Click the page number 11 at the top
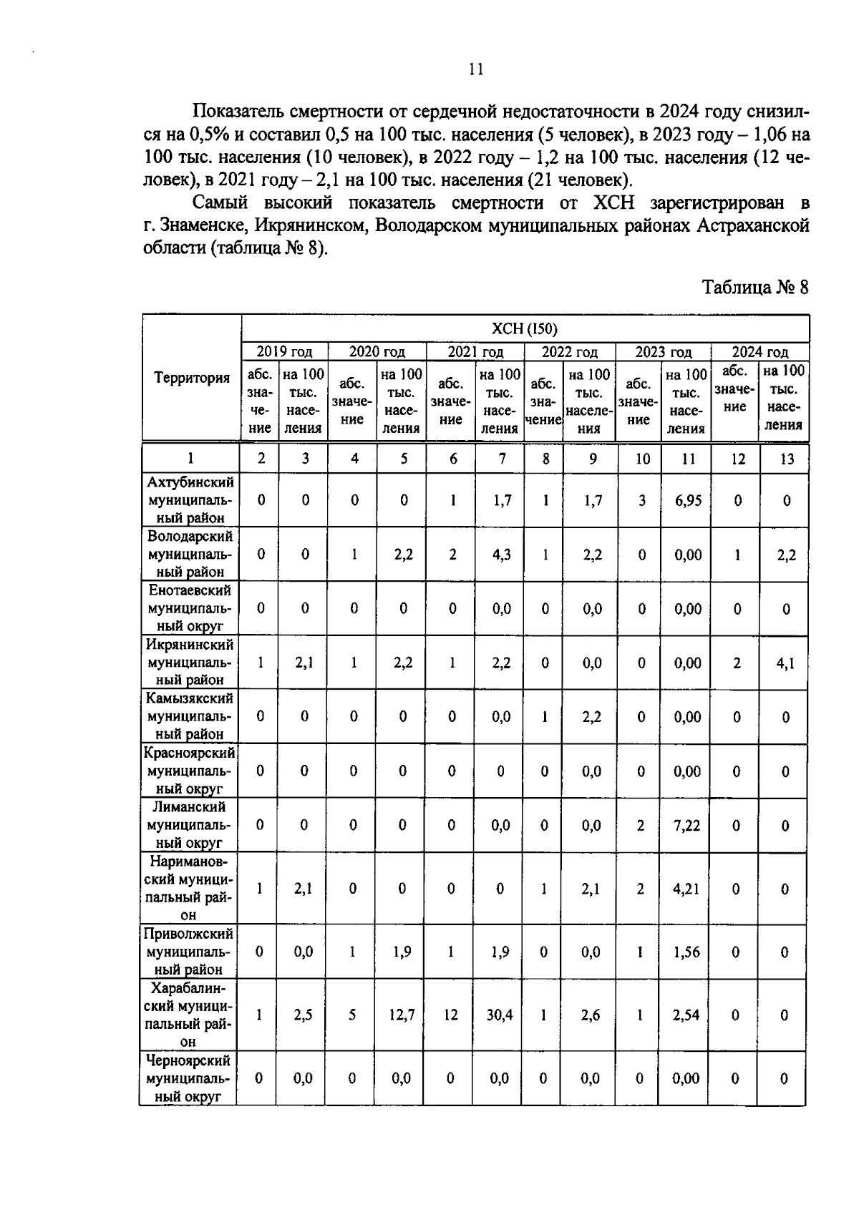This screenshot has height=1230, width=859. click(475, 69)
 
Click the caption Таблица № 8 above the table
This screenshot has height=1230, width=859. click(754, 287)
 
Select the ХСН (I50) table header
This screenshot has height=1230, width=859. click(524, 328)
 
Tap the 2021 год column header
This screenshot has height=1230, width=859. click(475, 352)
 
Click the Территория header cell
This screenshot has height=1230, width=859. click(191, 378)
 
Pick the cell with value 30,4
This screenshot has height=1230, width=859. click(499, 1015)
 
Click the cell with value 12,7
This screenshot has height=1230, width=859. click(402, 1015)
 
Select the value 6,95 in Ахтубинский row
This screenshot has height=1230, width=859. click(687, 500)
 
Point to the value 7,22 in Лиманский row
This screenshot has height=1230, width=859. click(686, 825)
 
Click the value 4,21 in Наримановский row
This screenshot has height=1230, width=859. click(686, 889)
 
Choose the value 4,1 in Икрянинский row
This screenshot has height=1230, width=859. click(785, 663)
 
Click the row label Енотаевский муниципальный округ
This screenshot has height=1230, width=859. click(190, 608)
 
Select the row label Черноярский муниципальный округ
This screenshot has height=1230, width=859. click(189, 1078)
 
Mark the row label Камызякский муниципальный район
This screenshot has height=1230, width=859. click(190, 716)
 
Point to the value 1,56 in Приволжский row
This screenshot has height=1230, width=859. click(686, 952)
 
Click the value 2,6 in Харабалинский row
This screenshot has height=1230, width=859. click(590, 1015)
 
